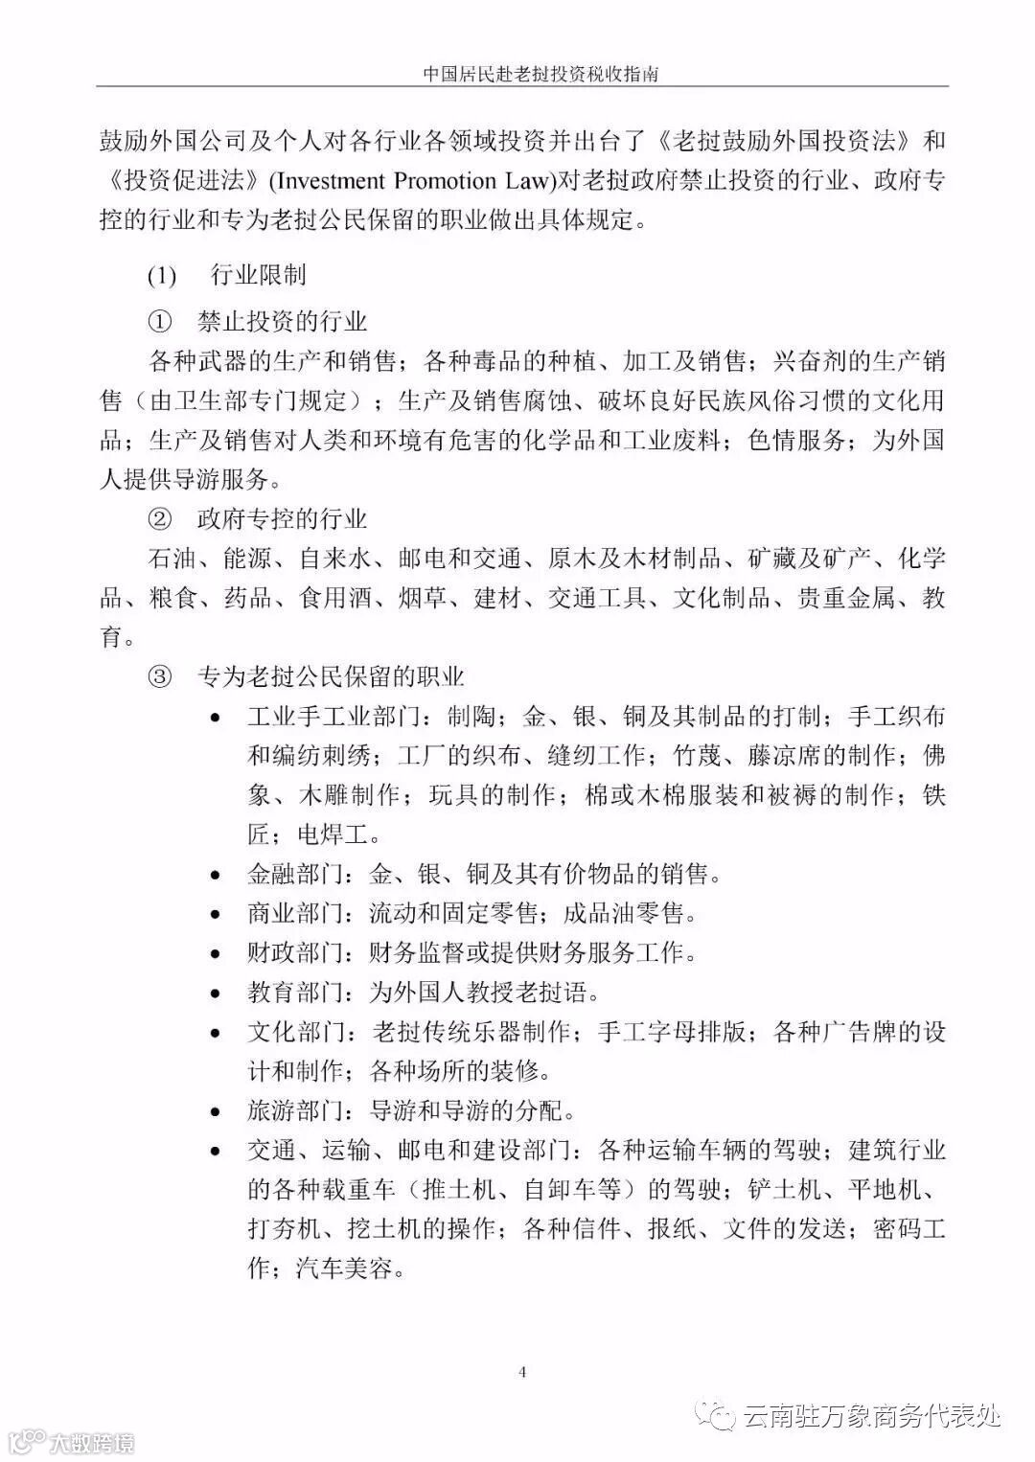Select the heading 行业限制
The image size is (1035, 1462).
258,275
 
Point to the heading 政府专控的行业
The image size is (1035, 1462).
283,519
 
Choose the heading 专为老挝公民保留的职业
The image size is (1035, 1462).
331,677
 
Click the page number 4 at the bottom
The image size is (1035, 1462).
522,1372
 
